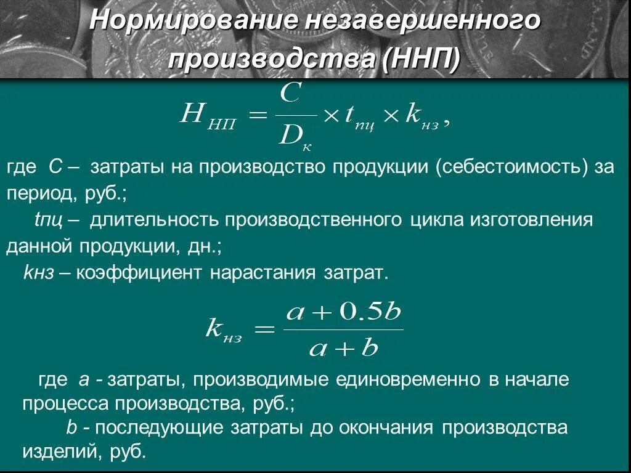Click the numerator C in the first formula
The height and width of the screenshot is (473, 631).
(x=290, y=95)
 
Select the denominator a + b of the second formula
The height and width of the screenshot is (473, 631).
(x=342, y=349)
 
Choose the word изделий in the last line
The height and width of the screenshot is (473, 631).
(x=57, y=451)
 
